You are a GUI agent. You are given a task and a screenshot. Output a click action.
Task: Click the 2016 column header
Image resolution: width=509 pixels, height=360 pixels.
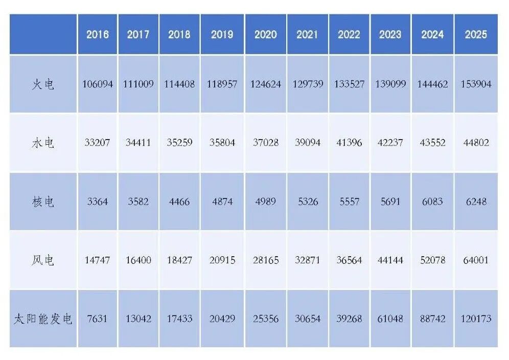[x=98, y=35]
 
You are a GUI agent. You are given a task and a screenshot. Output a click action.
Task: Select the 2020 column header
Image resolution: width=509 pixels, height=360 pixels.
[x=266, y=35]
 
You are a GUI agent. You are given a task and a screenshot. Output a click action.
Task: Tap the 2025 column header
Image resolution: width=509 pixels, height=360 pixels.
[x=476, y=35]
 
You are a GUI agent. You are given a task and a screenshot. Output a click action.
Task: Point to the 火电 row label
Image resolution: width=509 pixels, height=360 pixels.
[x=43, y=84]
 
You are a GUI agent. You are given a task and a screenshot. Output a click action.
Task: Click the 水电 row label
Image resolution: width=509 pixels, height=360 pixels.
[x=43, y=143]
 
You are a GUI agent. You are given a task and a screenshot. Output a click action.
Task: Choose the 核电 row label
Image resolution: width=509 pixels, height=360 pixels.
[x=43, y=201]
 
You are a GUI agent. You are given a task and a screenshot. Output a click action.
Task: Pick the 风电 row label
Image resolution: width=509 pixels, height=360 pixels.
[x=43, y=260]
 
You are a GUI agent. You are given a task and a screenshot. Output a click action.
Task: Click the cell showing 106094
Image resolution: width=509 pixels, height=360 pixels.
[x=98, y=84]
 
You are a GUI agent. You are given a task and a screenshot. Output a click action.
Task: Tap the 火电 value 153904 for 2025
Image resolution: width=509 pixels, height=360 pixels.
[x=476, y=84]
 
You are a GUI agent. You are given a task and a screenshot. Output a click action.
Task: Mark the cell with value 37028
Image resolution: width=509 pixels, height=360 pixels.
[x=266, y=143]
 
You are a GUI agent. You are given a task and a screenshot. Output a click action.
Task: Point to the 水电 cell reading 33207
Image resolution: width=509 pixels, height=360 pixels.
[x=98, y=143]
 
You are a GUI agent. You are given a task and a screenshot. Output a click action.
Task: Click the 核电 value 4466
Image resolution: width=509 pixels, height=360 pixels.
[x=179, y=201]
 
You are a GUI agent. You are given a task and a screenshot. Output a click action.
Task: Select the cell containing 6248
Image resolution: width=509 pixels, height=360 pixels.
[x=476, y=201]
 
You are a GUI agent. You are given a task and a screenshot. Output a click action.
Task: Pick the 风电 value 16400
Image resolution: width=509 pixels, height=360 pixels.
[x=138, y=260]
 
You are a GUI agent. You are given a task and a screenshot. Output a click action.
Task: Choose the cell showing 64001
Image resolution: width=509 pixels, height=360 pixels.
[x=476, y=260]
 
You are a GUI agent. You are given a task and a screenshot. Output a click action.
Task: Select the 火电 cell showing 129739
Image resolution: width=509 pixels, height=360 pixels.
[x=308, y=84]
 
